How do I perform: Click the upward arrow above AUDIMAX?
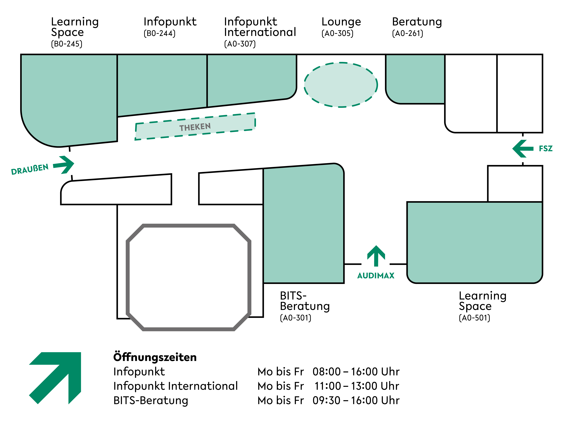pos(376,256)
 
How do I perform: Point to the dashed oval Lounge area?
pos(341,85)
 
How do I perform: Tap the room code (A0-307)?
pos(240,44)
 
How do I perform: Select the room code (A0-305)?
pos(337,33)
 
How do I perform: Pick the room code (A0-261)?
pos(407,33)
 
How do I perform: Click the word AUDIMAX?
pos(376,276)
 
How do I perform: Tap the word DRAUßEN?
pos(30,169)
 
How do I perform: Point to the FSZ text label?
pos(545,149)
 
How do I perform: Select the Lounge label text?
pos(341,22)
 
